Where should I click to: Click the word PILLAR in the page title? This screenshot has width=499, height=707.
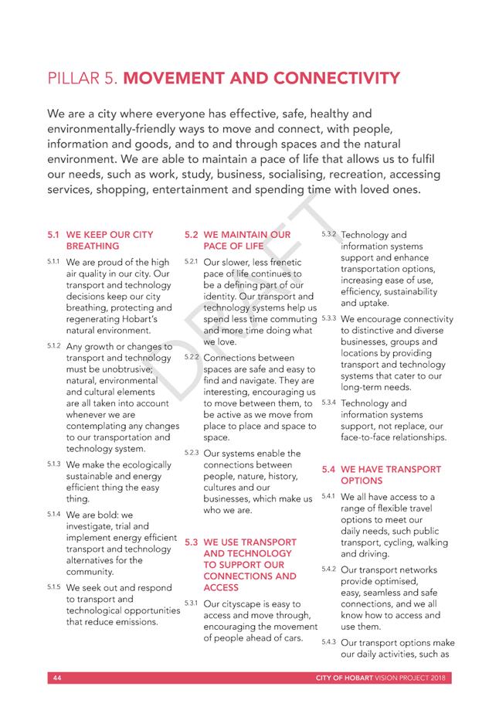pos(73,79)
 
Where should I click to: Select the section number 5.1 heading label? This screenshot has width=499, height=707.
pos(53,234)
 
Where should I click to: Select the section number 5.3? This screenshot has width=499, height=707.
pos(191,542)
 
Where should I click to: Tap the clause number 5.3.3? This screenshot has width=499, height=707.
pos(328,318)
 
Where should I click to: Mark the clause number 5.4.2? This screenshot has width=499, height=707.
pos(328,569)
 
